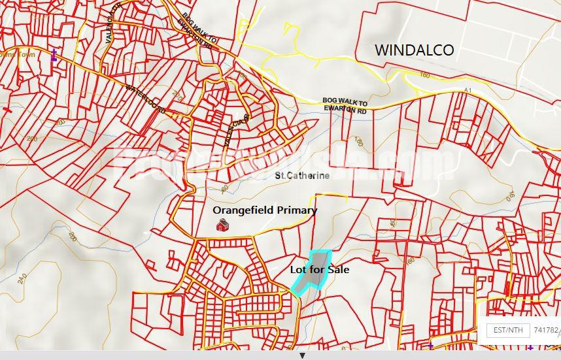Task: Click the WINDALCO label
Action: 414,50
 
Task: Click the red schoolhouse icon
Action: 222,225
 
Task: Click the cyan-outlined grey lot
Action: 313,271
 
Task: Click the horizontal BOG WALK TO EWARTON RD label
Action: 345,106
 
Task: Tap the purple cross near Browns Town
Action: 54,56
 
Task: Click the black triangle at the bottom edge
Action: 302,356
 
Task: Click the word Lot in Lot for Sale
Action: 299,269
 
